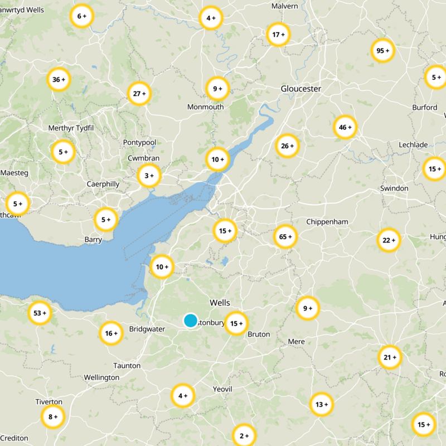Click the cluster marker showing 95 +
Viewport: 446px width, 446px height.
[382, 51]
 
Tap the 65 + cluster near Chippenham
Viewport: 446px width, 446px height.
[285, 237]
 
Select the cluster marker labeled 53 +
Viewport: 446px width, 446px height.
[40, 313]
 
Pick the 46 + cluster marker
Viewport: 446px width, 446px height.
[345, 128]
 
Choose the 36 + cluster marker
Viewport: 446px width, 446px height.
[59, 80]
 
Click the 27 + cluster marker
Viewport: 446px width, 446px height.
[139, 94]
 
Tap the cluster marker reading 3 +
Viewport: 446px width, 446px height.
[149, 176]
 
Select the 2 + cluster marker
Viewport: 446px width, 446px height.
[244, 435]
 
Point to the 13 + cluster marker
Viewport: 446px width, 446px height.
[321, 405]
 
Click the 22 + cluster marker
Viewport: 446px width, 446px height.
[389, 240]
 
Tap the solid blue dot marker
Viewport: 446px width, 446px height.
[191, 321]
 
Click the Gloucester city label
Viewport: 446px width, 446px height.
[301, 89]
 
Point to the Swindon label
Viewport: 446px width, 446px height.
[394, 188]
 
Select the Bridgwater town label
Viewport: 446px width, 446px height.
[147, 329]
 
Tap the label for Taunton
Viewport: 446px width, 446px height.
[127, 366]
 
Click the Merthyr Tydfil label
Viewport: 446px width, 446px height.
[71, 128]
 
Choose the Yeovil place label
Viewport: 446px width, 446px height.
[222, 389]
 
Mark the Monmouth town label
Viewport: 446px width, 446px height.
[206, 107]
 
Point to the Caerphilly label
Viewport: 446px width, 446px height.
[103, 184]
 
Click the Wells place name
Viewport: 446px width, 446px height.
[220, 302]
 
